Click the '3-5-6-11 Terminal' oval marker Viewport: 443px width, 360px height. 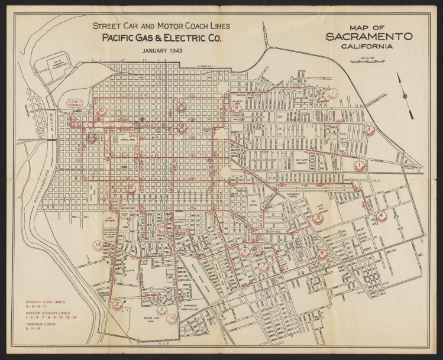(x=78, y=102)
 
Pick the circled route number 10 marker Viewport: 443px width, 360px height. (x=101, y=111)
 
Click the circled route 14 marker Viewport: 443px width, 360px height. (x=98, y=244)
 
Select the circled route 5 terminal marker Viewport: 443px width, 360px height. (x=318, y=219)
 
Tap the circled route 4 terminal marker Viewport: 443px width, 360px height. (x=381, y=216)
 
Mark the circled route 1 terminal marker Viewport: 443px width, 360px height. (x=359, y=166)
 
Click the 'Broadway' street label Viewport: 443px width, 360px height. (x=128, y=209)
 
